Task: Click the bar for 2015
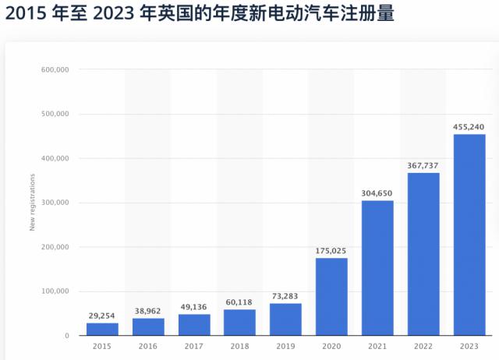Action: (102, 329)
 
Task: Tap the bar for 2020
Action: (331, 296)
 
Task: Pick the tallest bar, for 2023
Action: (469, 234)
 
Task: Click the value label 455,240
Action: (469, 127)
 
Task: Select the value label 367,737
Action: (423, 166)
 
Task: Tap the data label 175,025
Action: (331, 251)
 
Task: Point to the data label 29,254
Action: (102, 316)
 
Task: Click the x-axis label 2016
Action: (148, 344)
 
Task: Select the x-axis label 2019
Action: (285, 344)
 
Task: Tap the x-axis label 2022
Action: (423, 344)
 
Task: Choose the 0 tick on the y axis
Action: (68, 336)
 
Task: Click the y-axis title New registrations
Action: (33, 203)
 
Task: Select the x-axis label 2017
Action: (194, 344)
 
